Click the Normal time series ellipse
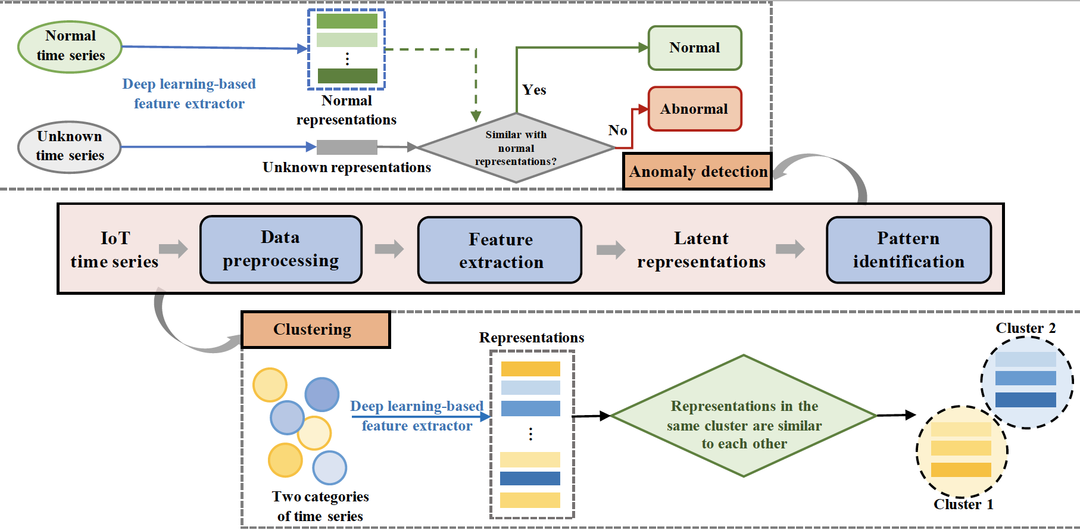70,46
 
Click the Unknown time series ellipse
70,146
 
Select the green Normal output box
695,48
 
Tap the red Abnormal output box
695,109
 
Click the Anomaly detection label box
697,172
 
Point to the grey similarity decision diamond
516,148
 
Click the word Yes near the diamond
534,90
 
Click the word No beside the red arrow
617,130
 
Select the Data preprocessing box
281,249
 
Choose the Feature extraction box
500,250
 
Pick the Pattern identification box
909,250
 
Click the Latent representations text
701,250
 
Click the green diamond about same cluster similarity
744,416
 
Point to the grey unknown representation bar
347,147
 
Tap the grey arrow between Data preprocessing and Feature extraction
389,249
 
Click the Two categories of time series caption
320,506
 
